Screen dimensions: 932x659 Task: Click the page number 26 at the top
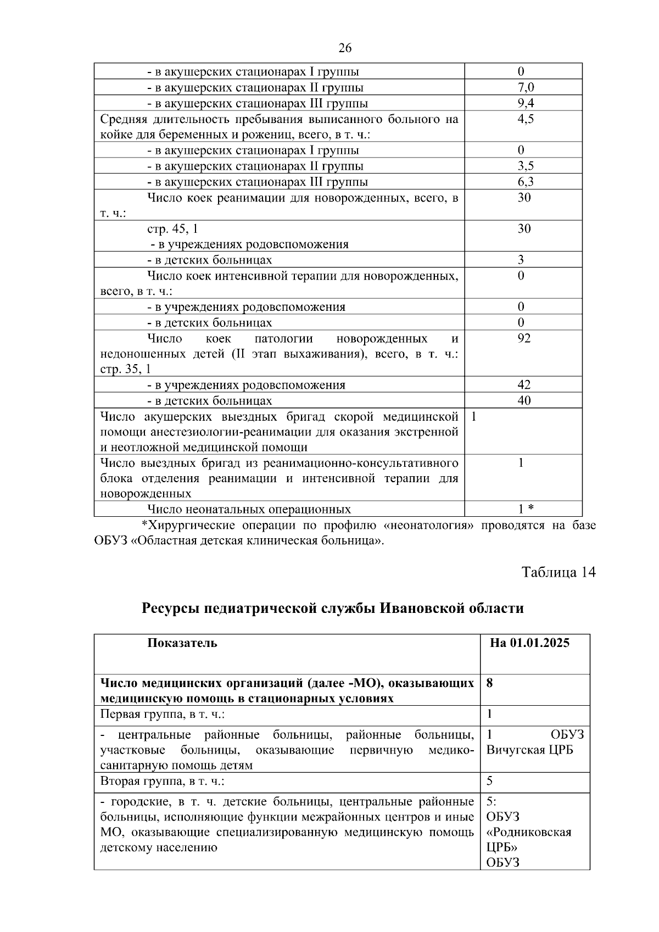pos(345,48)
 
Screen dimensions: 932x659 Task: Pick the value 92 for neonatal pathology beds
pos(524,338)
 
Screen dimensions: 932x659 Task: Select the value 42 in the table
pos(524,384)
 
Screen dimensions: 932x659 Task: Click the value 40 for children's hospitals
pos(524,400)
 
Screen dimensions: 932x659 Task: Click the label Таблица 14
pos(559,572)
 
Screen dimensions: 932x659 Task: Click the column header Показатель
pos(182,643)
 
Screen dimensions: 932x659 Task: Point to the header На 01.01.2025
pos(529,643)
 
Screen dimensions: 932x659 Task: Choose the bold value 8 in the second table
pos(490,683)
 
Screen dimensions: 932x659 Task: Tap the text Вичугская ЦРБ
pos(529,750)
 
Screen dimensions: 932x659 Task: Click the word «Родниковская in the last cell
pos(528,832)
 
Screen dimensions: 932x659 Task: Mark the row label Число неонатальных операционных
pos(249,509)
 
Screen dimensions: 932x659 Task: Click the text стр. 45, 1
pos(172,229)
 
